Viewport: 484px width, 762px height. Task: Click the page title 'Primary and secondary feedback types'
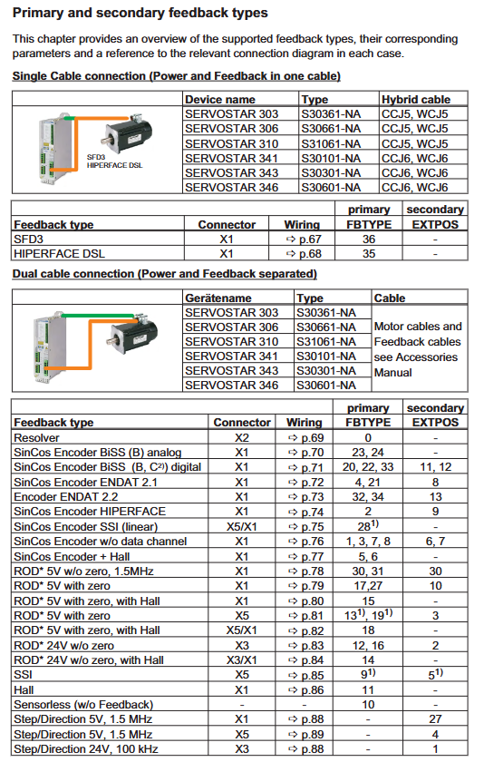(x=140, y=13)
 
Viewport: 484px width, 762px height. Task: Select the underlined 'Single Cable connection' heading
(x=79, y=76)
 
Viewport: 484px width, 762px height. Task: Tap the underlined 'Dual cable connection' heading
(x=74, y=274)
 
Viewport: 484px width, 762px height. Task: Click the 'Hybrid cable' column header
(x=416, y=100)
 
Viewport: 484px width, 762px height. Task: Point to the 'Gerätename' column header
(x=218, y=298)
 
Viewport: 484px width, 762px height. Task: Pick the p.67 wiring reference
(x=304, y=239)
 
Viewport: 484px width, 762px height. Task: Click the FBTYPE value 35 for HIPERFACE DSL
(x=369, y=254)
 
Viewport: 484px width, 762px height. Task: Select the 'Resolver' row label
(x=36, y=438)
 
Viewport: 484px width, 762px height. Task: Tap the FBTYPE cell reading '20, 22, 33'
(x=368, y=467)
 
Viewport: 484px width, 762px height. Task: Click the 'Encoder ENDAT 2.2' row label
(x=66, y=497)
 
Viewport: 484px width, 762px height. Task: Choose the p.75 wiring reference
(x=305, y=527)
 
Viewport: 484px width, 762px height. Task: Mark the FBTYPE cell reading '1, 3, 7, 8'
(x=368, y=542)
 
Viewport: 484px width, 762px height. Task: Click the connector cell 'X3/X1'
(x=242, y=660)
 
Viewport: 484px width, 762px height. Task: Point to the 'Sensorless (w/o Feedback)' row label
(x=83, y=705)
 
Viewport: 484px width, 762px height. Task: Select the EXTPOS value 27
(x=435, y=719)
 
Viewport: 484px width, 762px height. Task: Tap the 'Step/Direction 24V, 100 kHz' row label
(x=86, y=749)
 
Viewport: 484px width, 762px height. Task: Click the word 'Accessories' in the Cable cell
(x=427, y=357)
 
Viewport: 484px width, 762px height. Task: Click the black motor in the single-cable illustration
(x=129, y=132)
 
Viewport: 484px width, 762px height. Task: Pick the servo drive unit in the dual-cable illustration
(x=50, y=347)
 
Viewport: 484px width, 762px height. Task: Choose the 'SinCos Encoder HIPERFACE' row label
(x=90, y=512)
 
